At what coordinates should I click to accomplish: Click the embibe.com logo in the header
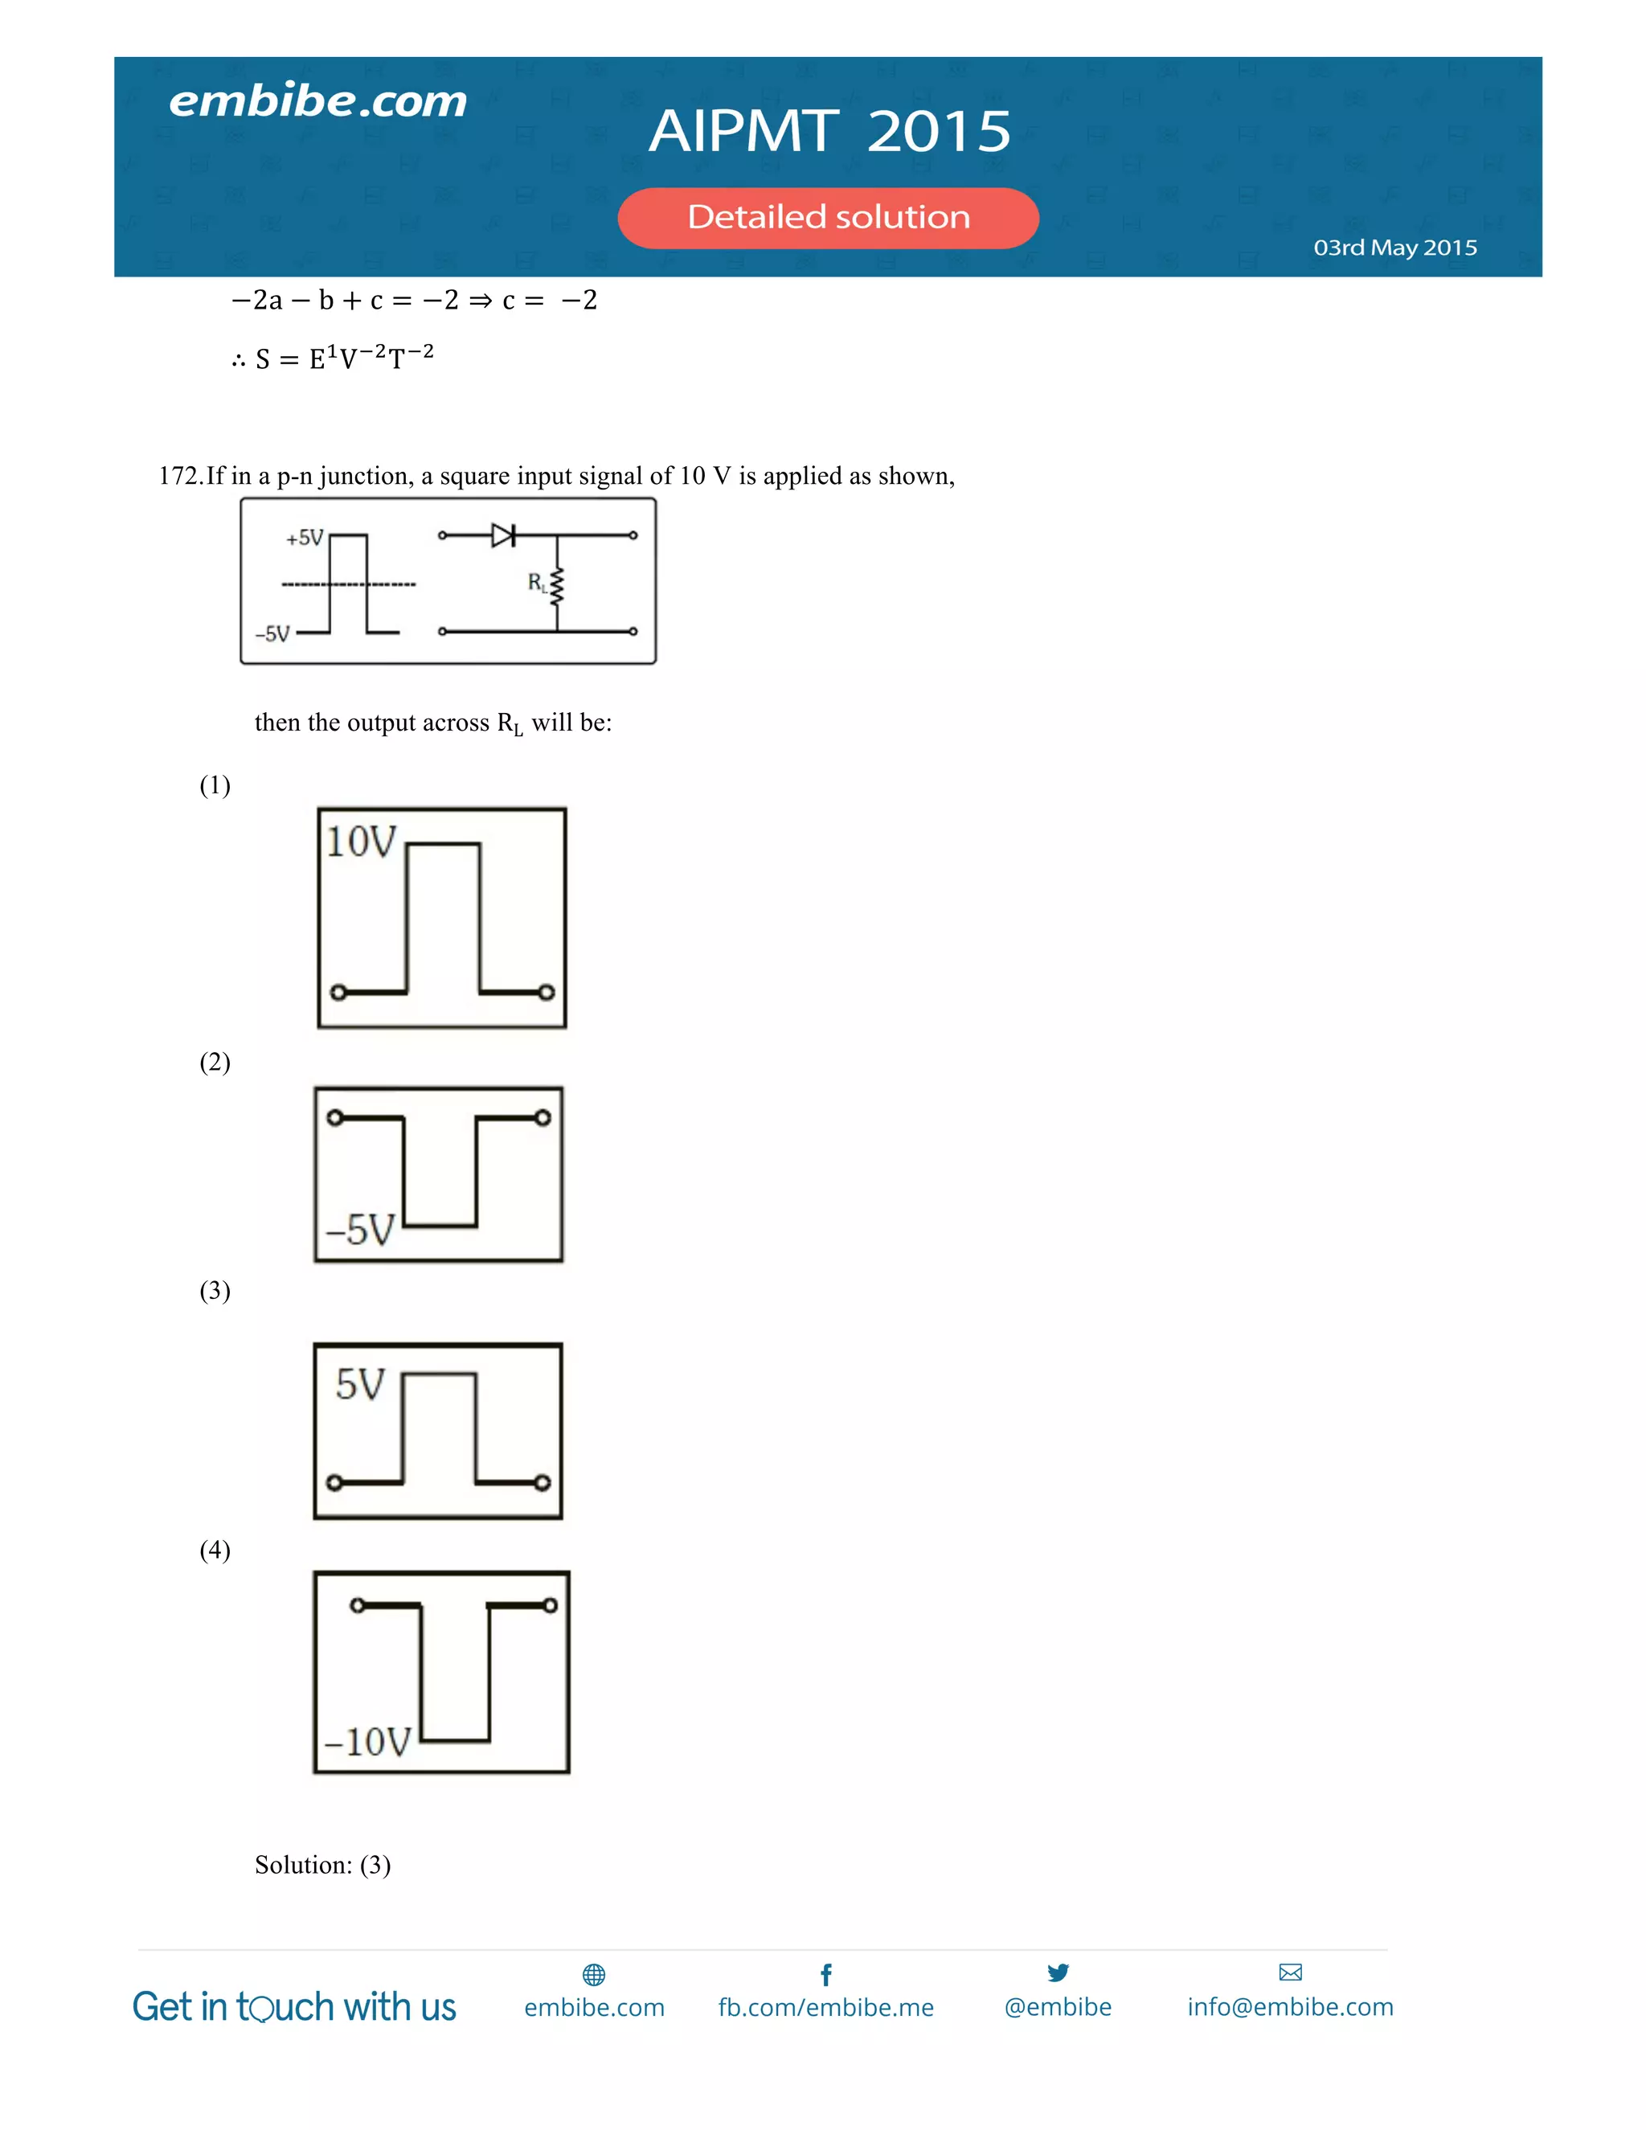click(318, 101)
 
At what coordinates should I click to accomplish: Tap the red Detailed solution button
click(828, 218)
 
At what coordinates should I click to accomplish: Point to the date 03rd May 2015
click(1394, 248)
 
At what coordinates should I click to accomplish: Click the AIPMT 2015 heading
click(829, 131)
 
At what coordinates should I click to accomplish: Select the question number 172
click(179, 476)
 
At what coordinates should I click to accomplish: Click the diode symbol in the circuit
click(503, 535)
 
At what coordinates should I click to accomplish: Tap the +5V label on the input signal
click(305, 538)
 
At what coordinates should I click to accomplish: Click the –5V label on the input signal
click(273, 634)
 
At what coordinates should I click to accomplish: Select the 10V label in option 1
click(361, 842)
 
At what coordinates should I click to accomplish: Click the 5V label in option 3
click(360, 1385)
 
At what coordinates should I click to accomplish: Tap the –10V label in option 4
click(367, 1742)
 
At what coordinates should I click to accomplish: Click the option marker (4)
click(215, 1550)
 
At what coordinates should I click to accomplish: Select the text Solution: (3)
click(323, 1865)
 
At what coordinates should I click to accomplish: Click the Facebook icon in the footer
click(826, 1975)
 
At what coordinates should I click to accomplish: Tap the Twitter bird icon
click(1058, 1973)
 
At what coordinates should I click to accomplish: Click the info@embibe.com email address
click(1290, 2007)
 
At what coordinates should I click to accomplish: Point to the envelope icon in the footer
click(1290, 1973)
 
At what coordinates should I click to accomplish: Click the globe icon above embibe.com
click(594, 1975)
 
